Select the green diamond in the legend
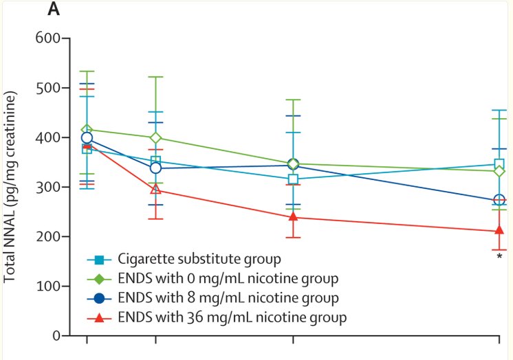pos(100,278)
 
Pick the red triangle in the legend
pos(100,317)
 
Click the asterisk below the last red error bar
pos(499,257)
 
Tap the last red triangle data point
pos(499,231)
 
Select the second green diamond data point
pos(156,137)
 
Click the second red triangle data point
pos(156,190)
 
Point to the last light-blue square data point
pos(499,164)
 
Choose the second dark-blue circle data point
pos(156,168)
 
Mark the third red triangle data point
pos(294,217)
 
